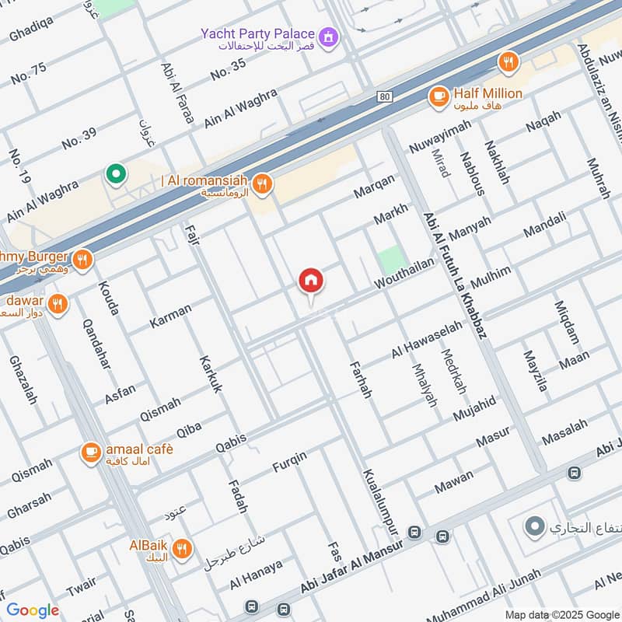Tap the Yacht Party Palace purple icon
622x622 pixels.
tap(331, 36)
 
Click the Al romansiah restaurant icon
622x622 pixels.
tap(264, 183)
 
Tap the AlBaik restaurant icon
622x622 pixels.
tap(182, 549)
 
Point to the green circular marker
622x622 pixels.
tap(116, 174)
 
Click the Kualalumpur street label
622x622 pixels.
tap(380, 502)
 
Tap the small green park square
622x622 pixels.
tap(393, 260)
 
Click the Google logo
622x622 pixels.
tap(33, 610)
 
